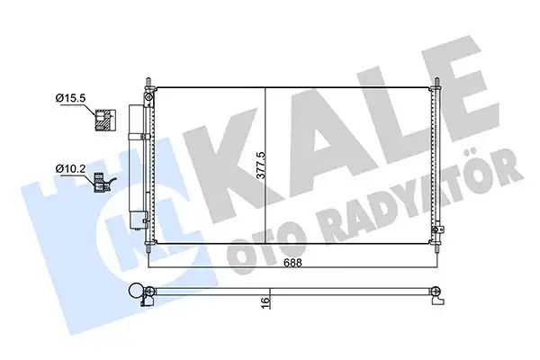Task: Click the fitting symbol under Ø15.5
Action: (x=102, y=118)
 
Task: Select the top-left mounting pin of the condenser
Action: (x=147, y=84)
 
